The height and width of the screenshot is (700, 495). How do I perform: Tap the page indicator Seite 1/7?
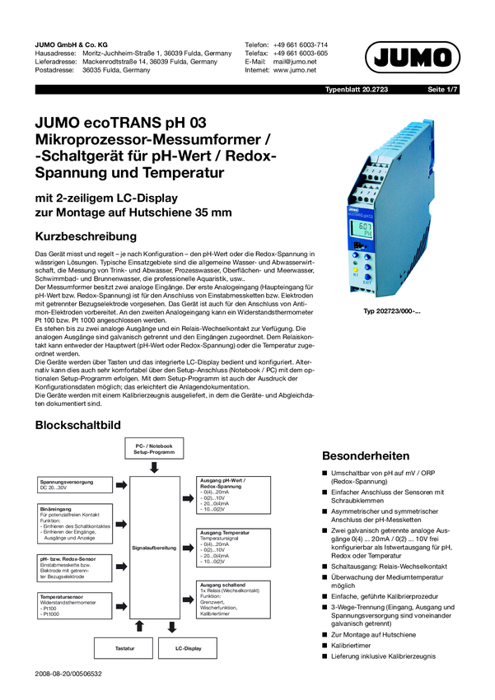pyautogui.click(x=441, y=89)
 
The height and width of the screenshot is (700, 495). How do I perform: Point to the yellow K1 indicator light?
pyautogui.click(x=355, y=269)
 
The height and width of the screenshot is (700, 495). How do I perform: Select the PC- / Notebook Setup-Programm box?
pyautogui.click(x=154, y=450)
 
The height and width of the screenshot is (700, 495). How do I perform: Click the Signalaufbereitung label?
pyautogui.click(x=154, y=548)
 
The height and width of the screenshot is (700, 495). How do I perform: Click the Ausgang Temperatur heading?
pyautogui.click(x=226, y=533)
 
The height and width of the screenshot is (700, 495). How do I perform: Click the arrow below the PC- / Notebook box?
pyautogui.click(x=154, y=468)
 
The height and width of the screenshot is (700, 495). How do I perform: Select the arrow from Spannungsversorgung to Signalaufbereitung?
pyautogui.click(x=121, y=485)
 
